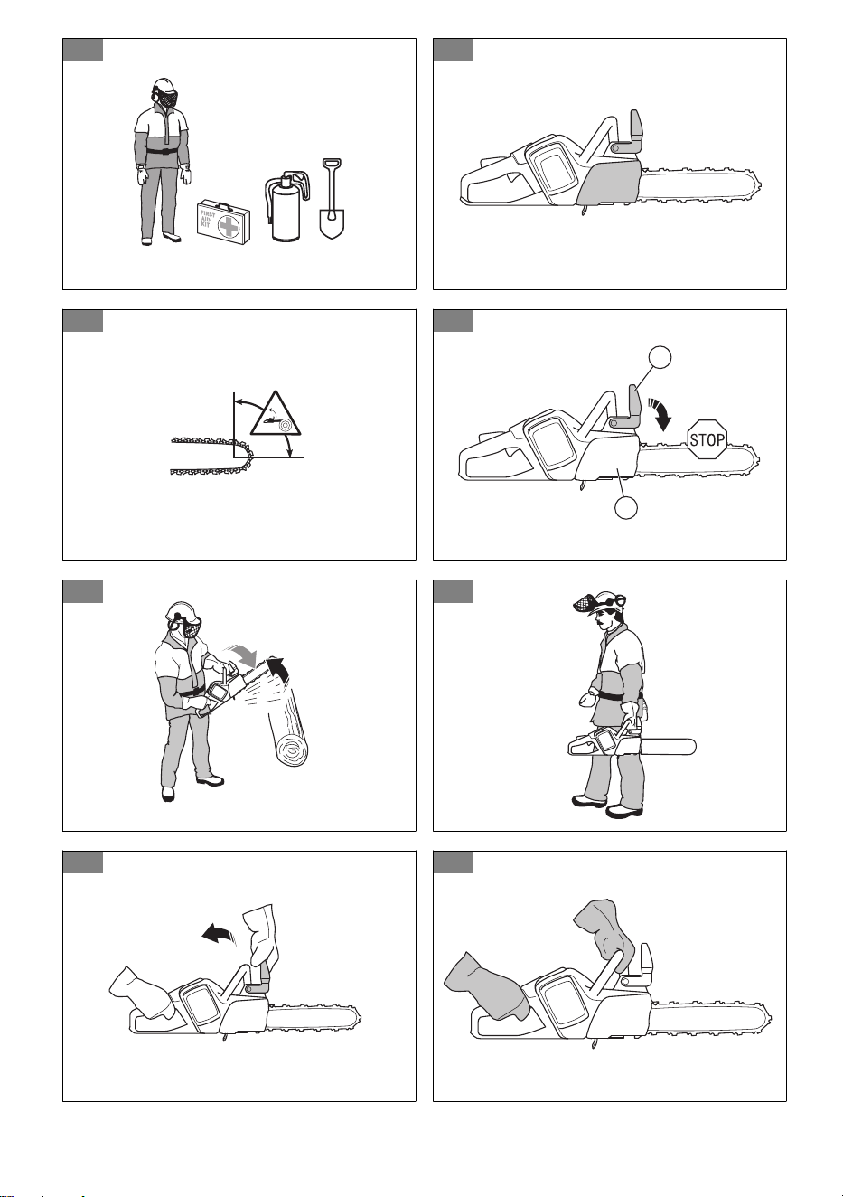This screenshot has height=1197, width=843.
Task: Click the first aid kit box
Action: click(x=224, y=221)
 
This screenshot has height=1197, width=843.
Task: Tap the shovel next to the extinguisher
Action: click(x=332, y=198)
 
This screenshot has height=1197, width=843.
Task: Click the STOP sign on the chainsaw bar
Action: click(x=707, y=439)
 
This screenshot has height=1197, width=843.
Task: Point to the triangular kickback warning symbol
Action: click(x=276, y=414)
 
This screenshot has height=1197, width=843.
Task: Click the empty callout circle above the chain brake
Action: click(x=660, y=357)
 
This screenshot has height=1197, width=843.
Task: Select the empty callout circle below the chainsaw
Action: click(x=626, y=507)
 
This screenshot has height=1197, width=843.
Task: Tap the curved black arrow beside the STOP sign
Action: click(x=658, y=413)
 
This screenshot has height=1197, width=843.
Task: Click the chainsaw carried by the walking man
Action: click(x=632, y=743)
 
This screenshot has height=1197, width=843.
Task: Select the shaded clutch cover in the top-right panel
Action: click(x=610, y=181)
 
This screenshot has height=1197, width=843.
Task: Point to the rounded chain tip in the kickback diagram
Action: click(x=247, y=456)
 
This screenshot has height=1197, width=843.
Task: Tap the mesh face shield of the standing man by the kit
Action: click(x=168, y=100)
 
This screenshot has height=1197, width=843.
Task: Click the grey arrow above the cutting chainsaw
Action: click(x=244, y=655)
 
